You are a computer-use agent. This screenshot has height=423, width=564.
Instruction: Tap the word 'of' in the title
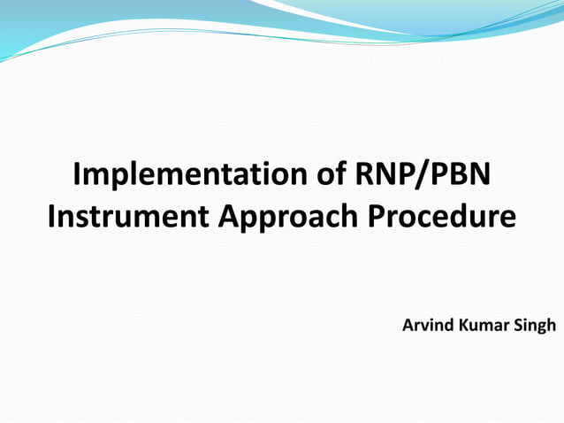pos(324,174)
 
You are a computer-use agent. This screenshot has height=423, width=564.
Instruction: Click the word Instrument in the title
pos(124,215)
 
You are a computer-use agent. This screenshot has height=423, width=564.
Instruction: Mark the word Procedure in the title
pos(439,215)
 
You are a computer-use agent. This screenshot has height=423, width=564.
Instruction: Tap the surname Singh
pos(535,326)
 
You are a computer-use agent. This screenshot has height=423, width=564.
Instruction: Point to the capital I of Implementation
pos(78,174)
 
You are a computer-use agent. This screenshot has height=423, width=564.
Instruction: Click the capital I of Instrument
pos(51,215)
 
